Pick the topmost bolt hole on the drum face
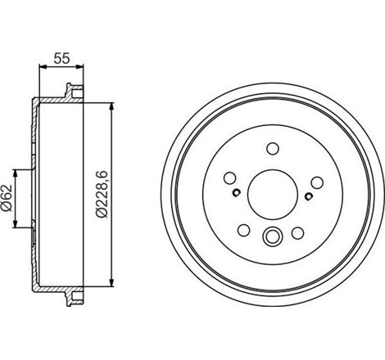click(x=271, y=149)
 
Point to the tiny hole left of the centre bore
click(x=234, y=193)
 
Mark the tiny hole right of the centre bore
click(x=308, y=195)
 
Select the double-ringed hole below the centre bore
click(x=271, y=238)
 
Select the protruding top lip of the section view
click(x=71, y=92)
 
